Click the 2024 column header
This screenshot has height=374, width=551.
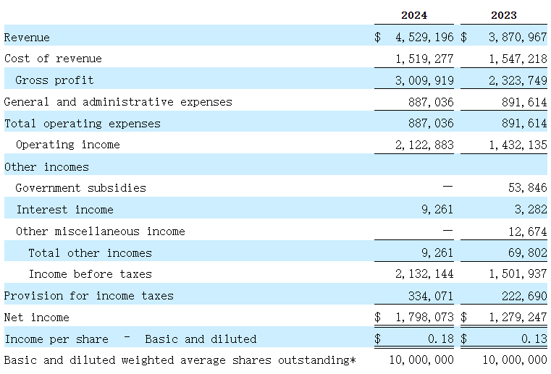pyautogui.click(x=414, y=15)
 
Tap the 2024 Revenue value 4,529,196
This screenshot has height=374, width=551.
pyautogui.click(x=424, y=37)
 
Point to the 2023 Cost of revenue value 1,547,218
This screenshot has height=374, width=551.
pyautogui.click(x=517, y=59)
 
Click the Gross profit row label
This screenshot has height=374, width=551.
pyautogui.click(x=54, y=80)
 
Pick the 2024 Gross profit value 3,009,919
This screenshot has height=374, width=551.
pyautogui.click(x=424, y=80)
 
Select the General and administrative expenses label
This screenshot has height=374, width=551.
pyautogui.click(x=118, y=102)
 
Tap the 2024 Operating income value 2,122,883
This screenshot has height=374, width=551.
pyautogui.click(x=424, y=145)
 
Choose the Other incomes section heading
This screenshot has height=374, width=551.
pyautogui.click(x=46, y=167)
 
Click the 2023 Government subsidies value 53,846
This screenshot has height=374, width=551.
pyautogui.click(x=526, y=188)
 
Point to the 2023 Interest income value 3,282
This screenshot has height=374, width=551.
pyautogui.click(x=531, y=210)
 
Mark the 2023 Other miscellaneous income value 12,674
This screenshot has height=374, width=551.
pyautogui.click(x=526, y=231)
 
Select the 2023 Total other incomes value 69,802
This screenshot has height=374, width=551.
pyautogui.click(x=526, y=253)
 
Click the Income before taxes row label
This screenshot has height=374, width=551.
pyautogui.click(x=91, y=274)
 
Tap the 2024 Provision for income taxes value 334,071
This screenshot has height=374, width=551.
pyautogui.click(x=432, y=296)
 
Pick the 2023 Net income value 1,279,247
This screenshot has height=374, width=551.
pyautogui.click(x=517, y=317)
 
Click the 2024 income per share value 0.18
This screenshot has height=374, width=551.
pyautogui.click(x=441, y=339)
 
